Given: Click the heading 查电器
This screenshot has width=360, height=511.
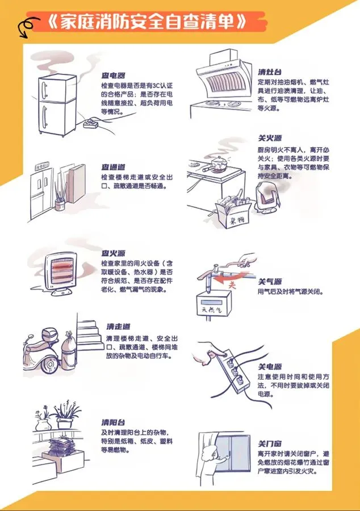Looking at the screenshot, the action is pyautogui.click(x=114, y=75).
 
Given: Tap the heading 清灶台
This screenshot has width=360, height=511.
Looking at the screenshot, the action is pyautogui.click(x=270, y=72).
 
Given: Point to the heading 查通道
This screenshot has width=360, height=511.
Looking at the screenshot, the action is pyautogui.click(x=114, y=167).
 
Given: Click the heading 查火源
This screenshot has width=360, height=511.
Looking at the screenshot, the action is pyautogui.click(x=114, y=253).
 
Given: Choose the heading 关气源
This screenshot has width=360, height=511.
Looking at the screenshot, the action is pyautogui.click(x=270, y=282).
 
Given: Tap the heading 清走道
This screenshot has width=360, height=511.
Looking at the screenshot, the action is pyautogui.click(x=118, y=326).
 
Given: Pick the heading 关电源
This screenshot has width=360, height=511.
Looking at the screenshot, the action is pyautogui.click(x=270, y=367).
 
